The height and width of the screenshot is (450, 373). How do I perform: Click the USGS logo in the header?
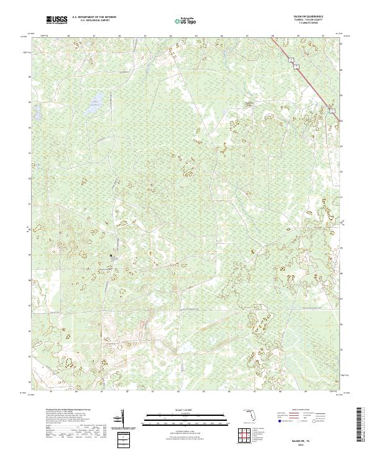pyautogui.click(x=57, y=20)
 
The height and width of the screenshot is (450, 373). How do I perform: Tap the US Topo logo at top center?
pyautogui.click(x=186, y=20)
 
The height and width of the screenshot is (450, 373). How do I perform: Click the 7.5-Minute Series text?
pyautogui.click(x=315, y=24)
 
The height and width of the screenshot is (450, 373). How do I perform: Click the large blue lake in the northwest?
pyautogui.click(x=94, y=104)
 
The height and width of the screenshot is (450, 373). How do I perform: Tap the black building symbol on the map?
pyautogui.click(x=111, y=255)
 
